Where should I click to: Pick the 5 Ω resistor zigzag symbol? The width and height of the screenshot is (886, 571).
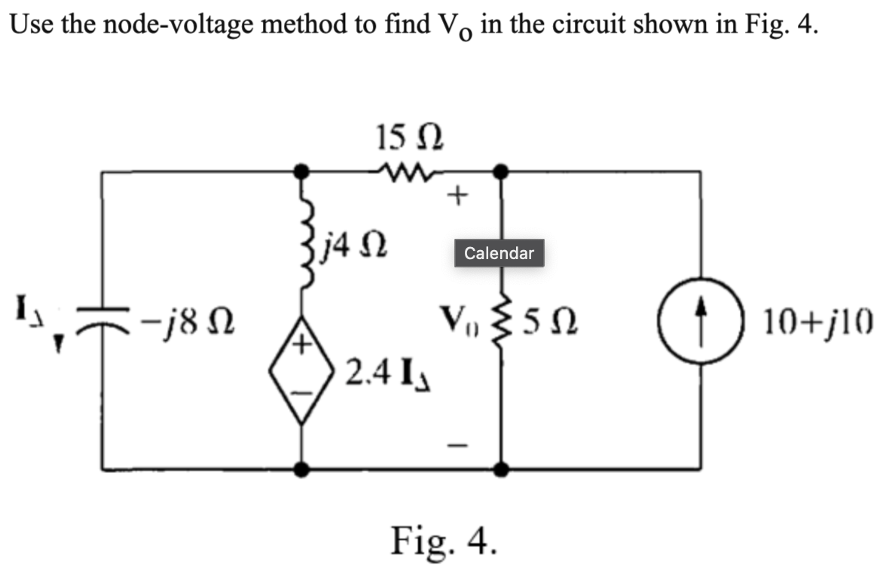pyautogui.click(x=498, y=326)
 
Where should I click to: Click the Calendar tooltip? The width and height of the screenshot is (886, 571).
pyautogui.click(x=499, y=253)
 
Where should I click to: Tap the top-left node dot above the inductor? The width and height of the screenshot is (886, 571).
pyautogui.click(x=302, y=172)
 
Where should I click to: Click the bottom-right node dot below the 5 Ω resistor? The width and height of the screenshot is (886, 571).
pyautogui.click(x=498, y=470)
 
